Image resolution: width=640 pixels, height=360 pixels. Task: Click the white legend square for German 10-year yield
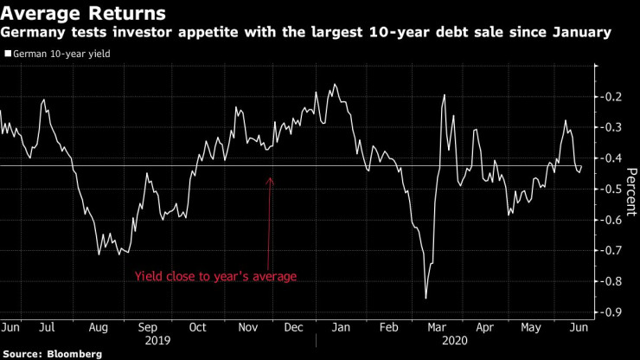[x=8, y=54]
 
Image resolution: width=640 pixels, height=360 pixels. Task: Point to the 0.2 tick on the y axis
[x=613, y=96]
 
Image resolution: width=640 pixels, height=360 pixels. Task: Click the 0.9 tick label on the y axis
[x=613, y=312]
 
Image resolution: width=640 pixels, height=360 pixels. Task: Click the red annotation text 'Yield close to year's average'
[x=215, y=277]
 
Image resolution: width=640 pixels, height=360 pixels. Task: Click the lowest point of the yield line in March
[x=426, y=299]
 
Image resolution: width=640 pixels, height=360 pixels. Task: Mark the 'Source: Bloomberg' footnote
[x=51, y=354]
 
